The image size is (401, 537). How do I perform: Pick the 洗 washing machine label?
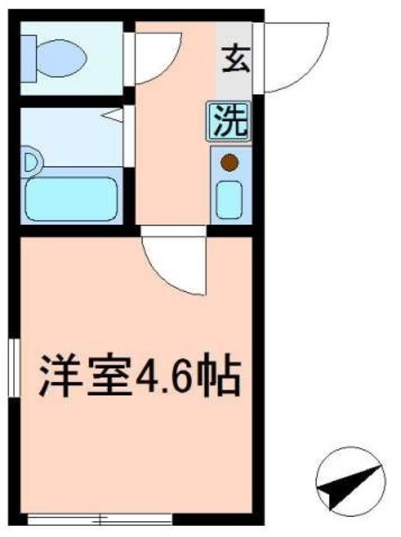(228, 122)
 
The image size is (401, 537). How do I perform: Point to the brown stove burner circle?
(229, 163)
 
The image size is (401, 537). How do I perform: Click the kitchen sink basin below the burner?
(229, 200)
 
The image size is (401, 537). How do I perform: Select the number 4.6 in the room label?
(164, 378)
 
